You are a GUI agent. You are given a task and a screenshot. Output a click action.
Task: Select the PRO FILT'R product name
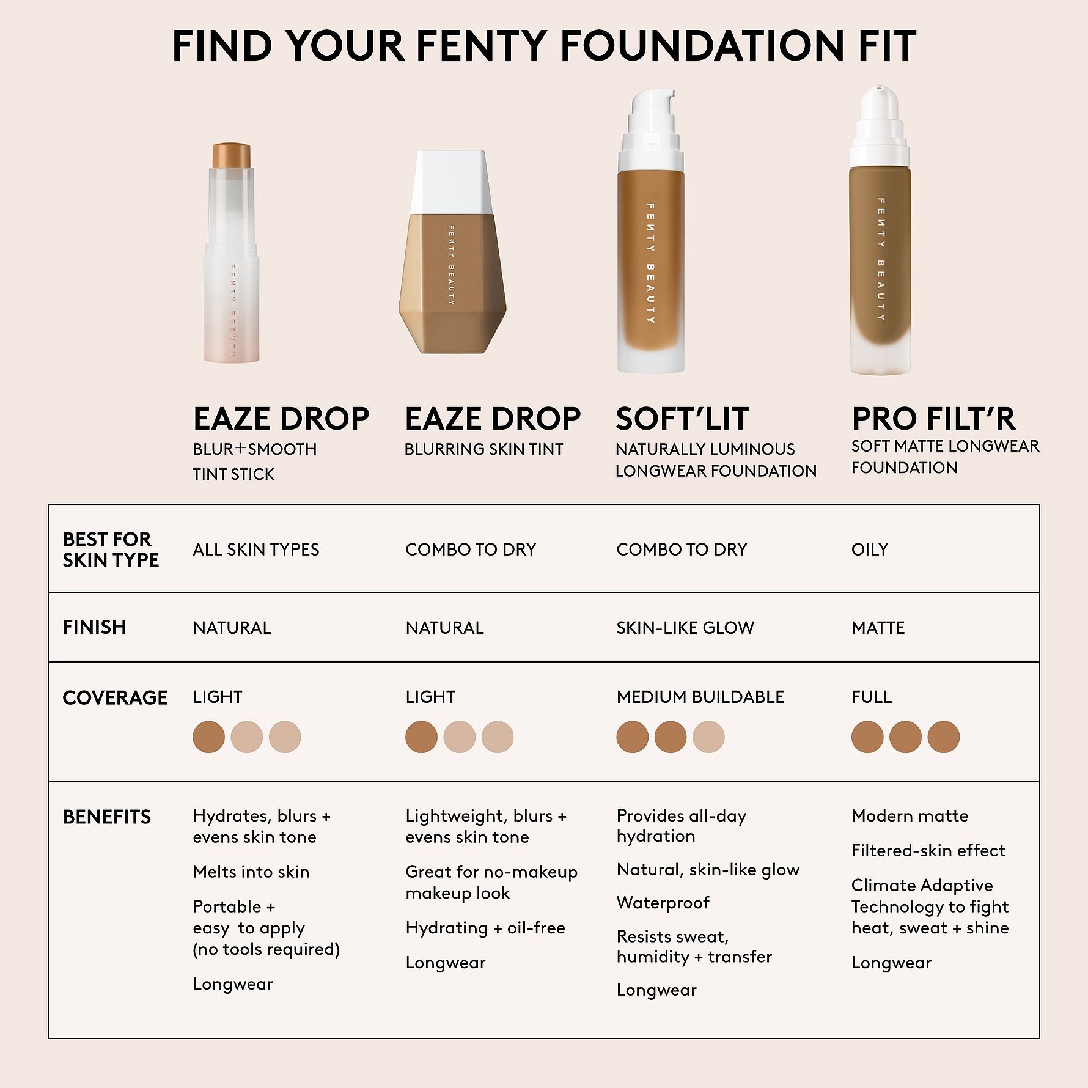(933, 419)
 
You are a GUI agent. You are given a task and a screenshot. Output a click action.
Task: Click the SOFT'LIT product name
(682, 419)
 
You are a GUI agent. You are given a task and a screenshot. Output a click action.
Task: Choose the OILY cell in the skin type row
(869, 550)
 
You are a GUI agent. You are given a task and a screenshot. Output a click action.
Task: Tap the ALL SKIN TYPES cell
(255, 550)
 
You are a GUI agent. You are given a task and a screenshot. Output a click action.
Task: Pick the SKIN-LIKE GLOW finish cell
(685, 628)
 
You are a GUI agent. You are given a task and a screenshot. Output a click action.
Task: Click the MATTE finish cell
(878, 628)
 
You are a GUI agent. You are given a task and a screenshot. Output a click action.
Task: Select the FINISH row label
(94, 627)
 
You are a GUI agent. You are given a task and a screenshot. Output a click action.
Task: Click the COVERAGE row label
(115, 697)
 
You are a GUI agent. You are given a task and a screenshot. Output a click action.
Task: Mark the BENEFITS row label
(106, 817)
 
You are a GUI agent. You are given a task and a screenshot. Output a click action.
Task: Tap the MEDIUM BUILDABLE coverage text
(700, 697)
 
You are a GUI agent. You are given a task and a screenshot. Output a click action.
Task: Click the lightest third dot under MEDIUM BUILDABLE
(708, 737)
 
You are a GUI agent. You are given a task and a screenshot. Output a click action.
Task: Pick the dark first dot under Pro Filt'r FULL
(867, 737)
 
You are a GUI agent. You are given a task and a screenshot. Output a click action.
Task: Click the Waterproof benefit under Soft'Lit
(663, 903)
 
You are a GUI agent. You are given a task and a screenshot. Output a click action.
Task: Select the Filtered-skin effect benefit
(928, 851)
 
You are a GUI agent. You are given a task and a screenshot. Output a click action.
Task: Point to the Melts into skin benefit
(251, 872)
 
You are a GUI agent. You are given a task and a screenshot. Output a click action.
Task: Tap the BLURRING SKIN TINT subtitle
(483, 449)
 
